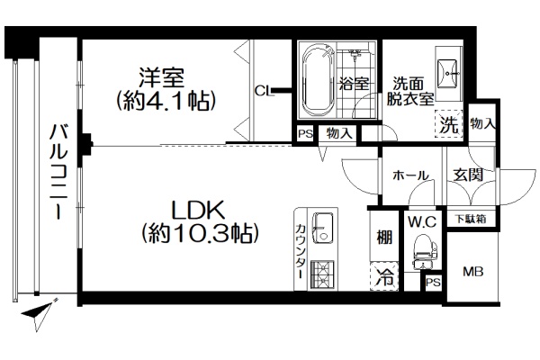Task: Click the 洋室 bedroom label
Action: pos(161,78)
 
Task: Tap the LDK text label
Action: pos(198,210)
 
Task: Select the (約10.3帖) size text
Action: pos(200,233)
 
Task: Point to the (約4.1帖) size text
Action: pos(166,101)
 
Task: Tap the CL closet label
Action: pos(264,91)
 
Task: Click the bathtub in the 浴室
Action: pos(319,80)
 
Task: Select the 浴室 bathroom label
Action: pos(354,84)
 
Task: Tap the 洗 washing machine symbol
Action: pos(449,124)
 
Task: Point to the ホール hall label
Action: pos(410,175)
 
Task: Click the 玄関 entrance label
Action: pos(468,175)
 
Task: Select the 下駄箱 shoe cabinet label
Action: pos(471,219)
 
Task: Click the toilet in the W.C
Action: pos(425,251)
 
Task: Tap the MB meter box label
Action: pos(472,272)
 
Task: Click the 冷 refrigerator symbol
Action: pos(384,276)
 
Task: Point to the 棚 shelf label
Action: pos(384,238)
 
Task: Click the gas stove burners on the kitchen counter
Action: pos(322,274)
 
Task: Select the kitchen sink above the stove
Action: pos(322,228)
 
